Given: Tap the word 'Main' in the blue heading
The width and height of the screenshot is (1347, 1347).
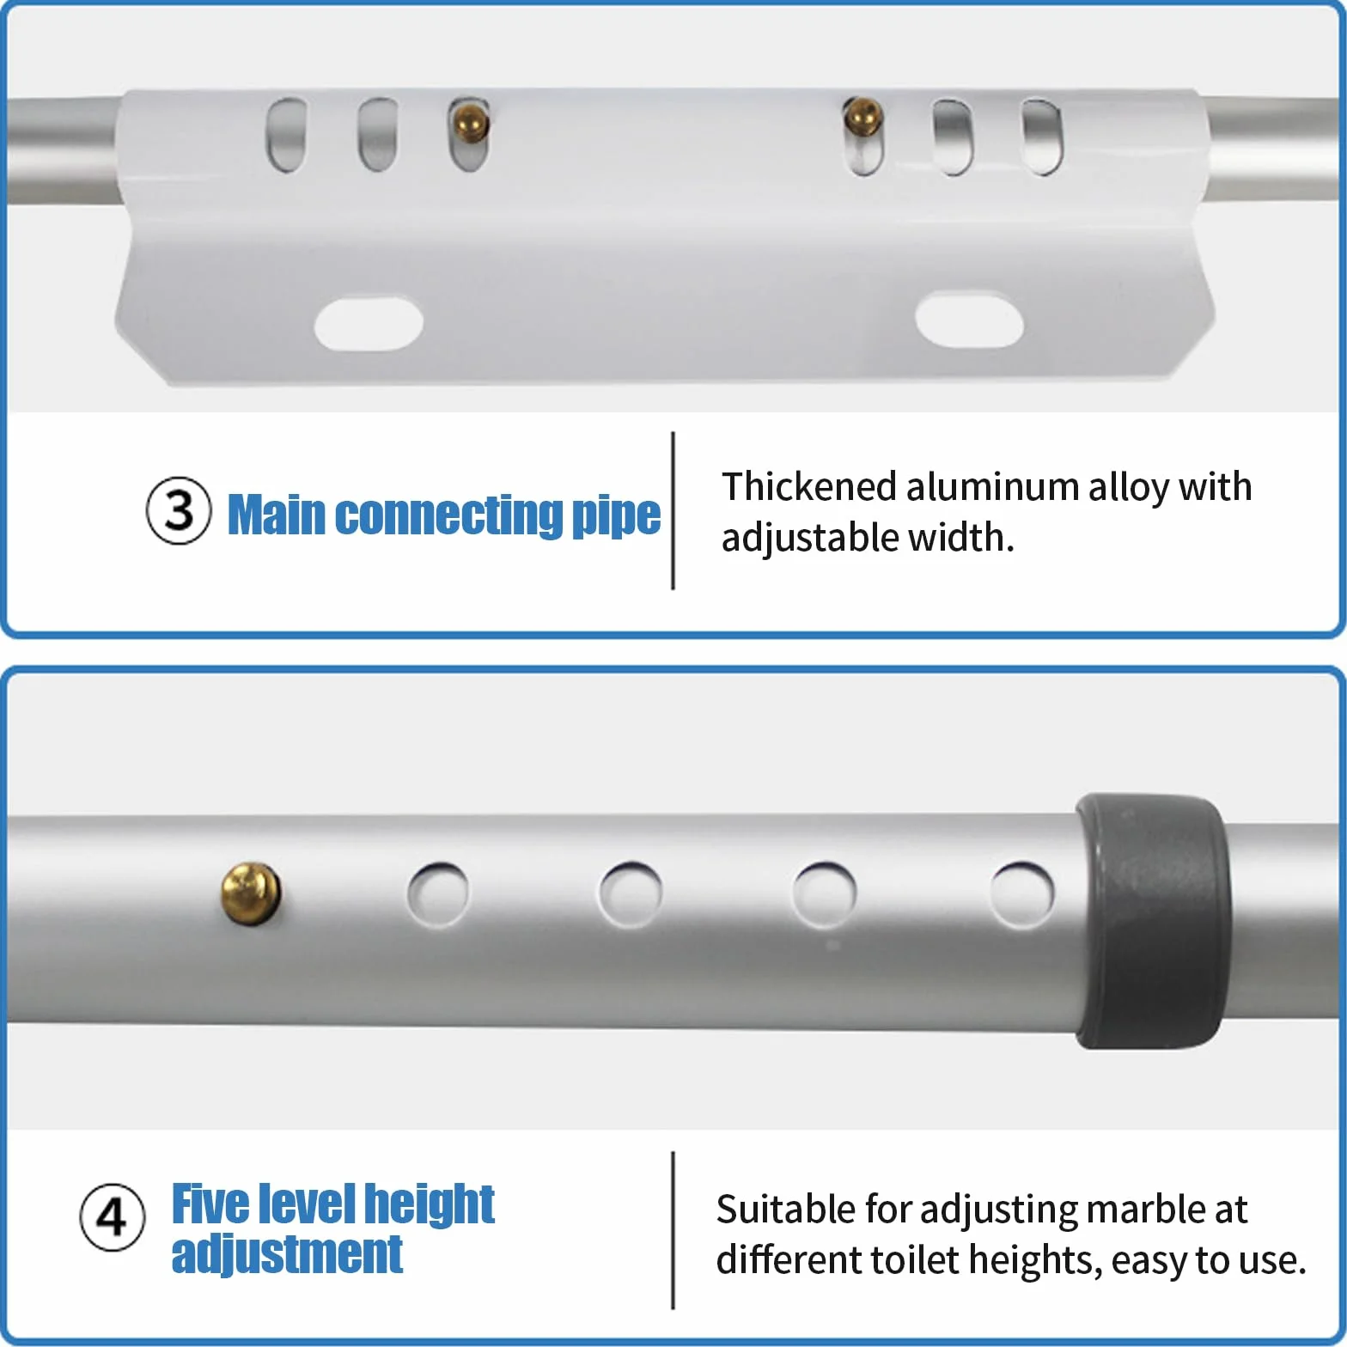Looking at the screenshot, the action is [x=277, y=515].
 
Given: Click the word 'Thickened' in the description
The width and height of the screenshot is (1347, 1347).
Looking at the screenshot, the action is [x=808, y=486].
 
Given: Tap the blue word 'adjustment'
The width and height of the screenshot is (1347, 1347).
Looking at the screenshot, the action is [x=287, y=1254].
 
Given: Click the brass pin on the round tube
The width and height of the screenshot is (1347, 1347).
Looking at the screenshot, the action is [x=251, y=894].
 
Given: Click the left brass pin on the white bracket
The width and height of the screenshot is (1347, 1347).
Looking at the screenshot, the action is [x=470, y=122].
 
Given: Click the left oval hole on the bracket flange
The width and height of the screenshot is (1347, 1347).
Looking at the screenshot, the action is [x=369, y=323].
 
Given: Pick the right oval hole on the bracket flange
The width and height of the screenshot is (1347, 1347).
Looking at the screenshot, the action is [x=969, y=320].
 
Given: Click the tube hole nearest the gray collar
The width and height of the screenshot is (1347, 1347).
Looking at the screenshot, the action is [x=1021, y=893].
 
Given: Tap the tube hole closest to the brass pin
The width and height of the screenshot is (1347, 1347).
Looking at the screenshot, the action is [x=438, y=894].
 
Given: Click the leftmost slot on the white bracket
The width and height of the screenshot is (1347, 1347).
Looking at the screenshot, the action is [x=286, y=135].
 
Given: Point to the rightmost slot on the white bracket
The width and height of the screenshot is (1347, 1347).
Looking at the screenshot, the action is [x=1042, y=137].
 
